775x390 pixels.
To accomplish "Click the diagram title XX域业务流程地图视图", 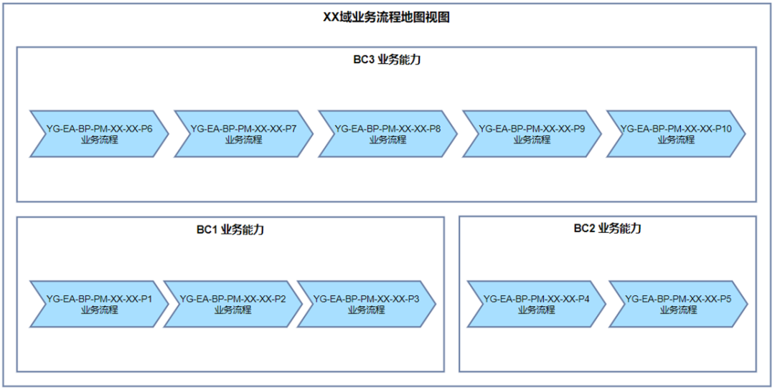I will click(386, 17).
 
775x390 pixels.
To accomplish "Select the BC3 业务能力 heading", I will click(386, 60).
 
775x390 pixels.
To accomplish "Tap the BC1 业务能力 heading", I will click(230, 229).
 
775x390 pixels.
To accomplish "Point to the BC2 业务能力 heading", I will click(607, 228).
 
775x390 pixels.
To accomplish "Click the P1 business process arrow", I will click(99, 304).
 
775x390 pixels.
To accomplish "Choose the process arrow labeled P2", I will click(231, 304).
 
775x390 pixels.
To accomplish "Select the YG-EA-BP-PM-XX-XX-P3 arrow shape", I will click(366, 304).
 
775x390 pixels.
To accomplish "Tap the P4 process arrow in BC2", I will click(536, 304).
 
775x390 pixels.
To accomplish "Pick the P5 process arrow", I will click(678, 304).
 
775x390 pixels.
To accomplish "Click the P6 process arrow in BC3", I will click(99, 134).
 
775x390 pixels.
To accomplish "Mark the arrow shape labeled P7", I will click(243, 134).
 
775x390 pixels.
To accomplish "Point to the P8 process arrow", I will click(387, 134).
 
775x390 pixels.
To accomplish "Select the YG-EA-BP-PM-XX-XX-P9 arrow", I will click(532, 134).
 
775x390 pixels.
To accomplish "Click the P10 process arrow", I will click(676, 134).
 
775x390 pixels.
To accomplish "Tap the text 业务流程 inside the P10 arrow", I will click(676, 141).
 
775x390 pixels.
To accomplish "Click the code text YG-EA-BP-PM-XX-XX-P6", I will click(99, 129).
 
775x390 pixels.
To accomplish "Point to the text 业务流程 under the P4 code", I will click(536, 310).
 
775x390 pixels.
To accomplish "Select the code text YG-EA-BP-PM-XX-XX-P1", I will click(99, 299).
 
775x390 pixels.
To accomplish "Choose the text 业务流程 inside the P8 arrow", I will click(387, 141).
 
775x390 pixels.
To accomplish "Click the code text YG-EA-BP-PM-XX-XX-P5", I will click(678, 299).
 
